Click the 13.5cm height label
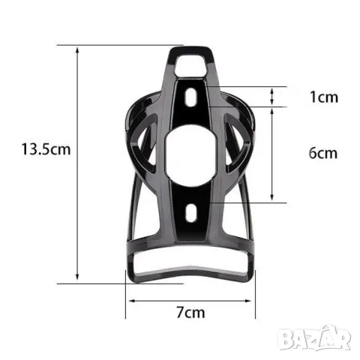tap(46, 149)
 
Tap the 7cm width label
tap(190, 313)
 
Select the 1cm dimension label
tap(324, 97)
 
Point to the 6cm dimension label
tap(323, 153)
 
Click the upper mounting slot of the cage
tap(190, 97)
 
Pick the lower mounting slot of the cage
tap(191, 213)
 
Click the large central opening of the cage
tap(191, 155)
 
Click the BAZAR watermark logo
tap(314, 338)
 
